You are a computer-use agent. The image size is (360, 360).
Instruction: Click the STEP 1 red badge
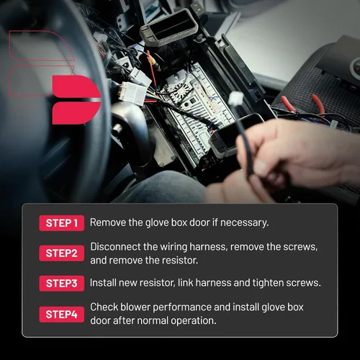(x=62, y=223)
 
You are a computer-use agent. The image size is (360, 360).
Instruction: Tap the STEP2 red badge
(x=62, y=253)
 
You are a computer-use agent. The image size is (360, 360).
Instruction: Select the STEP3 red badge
(x=62, y=284)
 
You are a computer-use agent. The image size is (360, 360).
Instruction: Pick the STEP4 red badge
(x=62, y=315)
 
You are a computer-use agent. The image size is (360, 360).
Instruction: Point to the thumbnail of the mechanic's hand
(x=258, y=166)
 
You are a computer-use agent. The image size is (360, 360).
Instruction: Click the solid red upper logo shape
(x=76, y=86)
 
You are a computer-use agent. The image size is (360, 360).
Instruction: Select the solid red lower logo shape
(x=76, y=113)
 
